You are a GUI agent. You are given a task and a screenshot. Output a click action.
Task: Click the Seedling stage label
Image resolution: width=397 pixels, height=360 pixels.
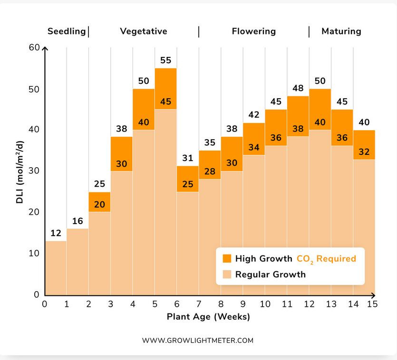pyautogui.click(x=67, y=31)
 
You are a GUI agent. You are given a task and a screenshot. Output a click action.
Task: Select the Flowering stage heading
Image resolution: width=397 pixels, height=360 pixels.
pyautogui.click(x=254, y=31)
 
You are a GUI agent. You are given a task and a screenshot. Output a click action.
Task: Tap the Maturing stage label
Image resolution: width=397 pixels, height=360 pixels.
pyautogui.click(x=341, y=31)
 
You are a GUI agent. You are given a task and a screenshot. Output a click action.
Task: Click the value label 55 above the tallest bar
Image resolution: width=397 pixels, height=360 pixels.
pyautogui.click(x=165, y=60)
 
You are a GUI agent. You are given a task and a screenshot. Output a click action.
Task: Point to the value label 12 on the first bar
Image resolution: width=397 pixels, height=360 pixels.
pyautogui.click(x=56, y=233)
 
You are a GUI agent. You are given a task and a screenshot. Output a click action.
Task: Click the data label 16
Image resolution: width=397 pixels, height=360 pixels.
pyautogui.click(x=77, y=221)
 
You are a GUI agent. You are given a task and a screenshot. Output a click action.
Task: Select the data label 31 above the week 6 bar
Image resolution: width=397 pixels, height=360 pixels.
pyautogui.click(x=188, y=158)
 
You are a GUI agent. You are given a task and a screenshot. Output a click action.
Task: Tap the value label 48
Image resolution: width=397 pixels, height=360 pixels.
pyautogui.click(x=298, y=88)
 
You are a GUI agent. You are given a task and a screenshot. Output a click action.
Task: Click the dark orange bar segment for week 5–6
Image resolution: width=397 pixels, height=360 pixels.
pyautogui.click(x=165, y=88)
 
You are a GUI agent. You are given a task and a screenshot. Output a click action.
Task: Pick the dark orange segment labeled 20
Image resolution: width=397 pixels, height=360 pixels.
pyautogui.click(x=99, y=202)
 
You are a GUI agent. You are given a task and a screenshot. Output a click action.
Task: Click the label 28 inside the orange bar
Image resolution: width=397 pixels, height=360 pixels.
pyautogui.click(x=210, y=171)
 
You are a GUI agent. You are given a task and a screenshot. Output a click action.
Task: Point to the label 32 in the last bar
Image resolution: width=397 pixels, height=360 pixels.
pyautogui.click(x=364, y=152)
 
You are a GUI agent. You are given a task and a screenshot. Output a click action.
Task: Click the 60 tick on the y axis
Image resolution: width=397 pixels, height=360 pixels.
pyautogui.click(x=34, y=47)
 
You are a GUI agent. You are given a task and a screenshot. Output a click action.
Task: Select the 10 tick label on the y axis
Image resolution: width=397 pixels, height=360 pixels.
pyautogui.click(x=34, y=253)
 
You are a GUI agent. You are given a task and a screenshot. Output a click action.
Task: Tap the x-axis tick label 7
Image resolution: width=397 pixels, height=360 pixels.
pyautogui.click(x=199, y=304)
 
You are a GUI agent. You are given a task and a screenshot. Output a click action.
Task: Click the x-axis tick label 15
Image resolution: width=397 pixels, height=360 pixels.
pyautogui.click(x=372, y=304)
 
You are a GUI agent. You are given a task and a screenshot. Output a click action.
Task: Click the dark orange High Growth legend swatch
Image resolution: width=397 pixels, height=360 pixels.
pyautogui.click(x=227, y=258)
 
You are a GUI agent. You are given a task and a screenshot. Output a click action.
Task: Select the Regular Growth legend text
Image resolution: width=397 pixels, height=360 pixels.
pyautogui.click(x=271, y=275)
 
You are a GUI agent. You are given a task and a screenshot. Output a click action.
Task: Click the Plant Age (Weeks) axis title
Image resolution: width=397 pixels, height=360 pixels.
pyautogui.click(x=208, y=317)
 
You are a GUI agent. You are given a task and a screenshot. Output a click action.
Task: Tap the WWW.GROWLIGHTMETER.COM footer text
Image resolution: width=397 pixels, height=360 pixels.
pyautogui.click(x=198, y=341)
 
